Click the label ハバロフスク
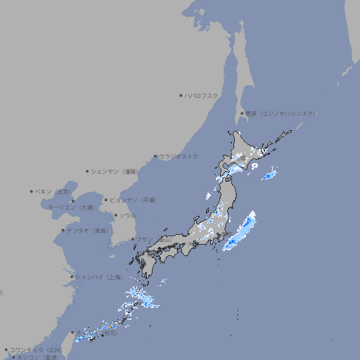202,95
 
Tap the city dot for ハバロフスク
181,95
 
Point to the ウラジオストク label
179,156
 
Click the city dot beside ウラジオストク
155,156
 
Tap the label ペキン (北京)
54,191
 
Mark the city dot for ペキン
32,191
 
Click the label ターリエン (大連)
71,207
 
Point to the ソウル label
127,215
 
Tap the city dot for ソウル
115,215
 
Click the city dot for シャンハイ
72,277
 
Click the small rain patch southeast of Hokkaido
269,174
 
